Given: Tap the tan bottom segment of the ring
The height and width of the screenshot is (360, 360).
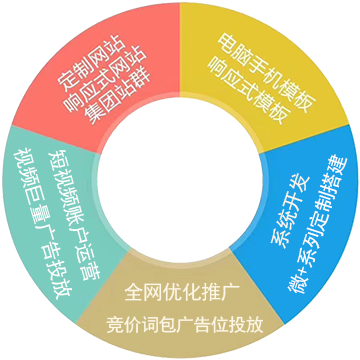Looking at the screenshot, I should [180, 310].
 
